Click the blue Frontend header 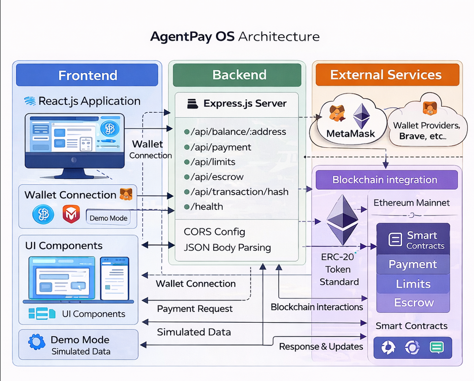[x=87, y=75]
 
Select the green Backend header [x=239, y=75]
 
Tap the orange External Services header [x=386, y=75]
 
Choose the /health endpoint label [x=207, y=207]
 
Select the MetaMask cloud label [x=350, y=133]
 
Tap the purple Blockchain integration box [x=385, y=180]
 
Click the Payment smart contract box [x=413, y=264]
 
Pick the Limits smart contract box [x=413, y=284]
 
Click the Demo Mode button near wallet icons [x=108, y=218]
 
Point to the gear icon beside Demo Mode [x=37, y=342]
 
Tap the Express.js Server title [x=244, y=104]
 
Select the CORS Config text [x=214, y=232]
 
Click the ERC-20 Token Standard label [x=339, y=269]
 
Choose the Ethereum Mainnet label [x=411, y=203]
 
